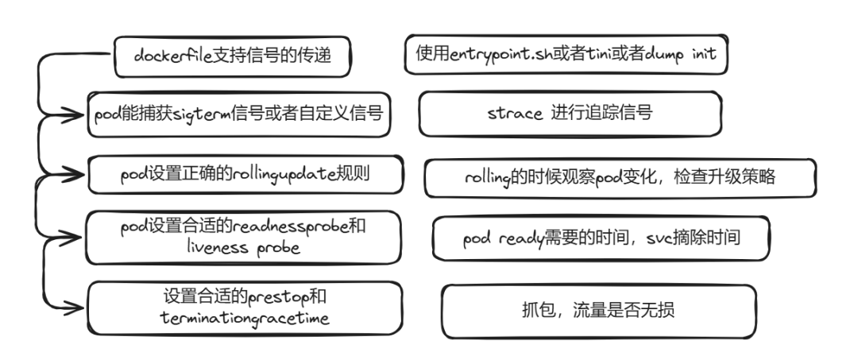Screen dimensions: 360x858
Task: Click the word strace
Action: (516, 113)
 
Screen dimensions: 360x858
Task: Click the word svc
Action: (652, 238)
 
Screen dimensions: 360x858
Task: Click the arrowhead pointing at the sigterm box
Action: (79, 114)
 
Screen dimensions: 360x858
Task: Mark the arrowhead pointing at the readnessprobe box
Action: (79, 235)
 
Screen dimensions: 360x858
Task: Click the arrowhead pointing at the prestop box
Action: (79, 307)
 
